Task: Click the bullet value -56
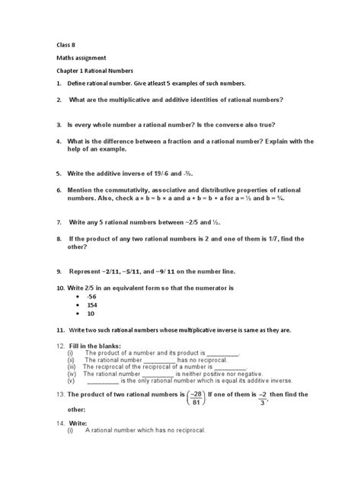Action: [x=91, y=295]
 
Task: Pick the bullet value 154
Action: [x=91, y=304]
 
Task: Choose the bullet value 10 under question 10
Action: [x=91, y=314]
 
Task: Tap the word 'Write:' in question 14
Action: [x=77, y=422]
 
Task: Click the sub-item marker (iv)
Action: [x=72, y=374]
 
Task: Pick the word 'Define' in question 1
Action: [x=78, y=82]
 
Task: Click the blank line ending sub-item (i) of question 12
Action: [x=222, y=354]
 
